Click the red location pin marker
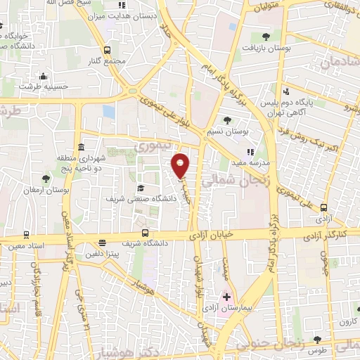[x=181, y=165]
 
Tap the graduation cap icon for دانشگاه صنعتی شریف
[x=141, y=188]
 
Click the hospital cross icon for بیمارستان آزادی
[x=226, y=297]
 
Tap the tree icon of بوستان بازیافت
[x=265, y=37]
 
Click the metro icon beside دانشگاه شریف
[x=146, y=233]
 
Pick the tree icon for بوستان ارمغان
[x=46, y=179]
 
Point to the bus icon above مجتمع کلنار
[x=107, y=50]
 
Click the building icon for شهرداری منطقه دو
[x=82, y=148]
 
